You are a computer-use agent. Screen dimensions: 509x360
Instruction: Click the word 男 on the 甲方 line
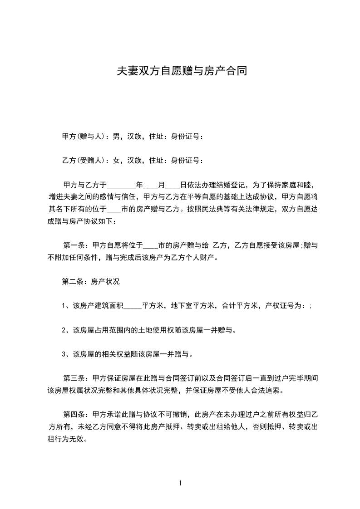pos(116,136)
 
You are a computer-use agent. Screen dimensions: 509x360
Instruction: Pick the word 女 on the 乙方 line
pos(116,160)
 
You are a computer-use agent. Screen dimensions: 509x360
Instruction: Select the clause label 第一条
pos(74,245)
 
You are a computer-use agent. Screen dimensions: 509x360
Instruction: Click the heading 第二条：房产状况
pos(90,281)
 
